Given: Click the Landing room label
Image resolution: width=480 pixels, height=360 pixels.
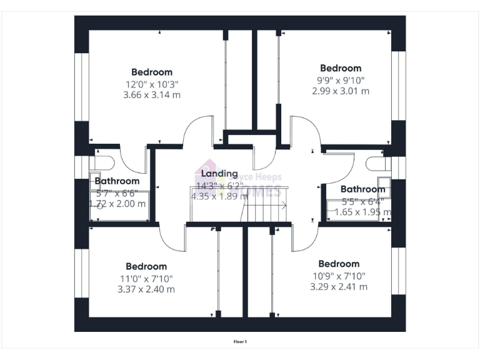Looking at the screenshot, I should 217,173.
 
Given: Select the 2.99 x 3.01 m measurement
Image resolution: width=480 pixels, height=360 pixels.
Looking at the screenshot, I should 341,91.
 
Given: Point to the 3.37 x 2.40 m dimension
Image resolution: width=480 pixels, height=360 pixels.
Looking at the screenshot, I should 146,289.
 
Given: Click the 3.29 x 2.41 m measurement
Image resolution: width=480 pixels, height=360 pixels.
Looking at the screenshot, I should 339,287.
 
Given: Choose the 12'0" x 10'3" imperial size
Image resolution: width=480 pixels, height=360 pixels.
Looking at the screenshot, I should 152,84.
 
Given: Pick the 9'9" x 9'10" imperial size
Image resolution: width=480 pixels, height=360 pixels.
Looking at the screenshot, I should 341,79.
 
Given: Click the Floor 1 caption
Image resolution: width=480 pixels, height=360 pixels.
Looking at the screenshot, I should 240,342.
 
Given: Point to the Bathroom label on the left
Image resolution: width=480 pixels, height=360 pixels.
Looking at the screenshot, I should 117,181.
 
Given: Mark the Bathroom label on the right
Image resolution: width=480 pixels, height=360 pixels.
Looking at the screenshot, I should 362,189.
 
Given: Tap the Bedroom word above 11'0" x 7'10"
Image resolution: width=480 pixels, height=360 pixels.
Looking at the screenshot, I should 146,266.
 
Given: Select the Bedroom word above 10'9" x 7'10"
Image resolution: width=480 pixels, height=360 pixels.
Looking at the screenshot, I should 339,264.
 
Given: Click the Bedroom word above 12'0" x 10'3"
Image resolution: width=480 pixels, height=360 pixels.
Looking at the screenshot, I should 152,72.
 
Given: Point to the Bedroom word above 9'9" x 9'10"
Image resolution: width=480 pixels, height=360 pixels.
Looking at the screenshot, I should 341,68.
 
